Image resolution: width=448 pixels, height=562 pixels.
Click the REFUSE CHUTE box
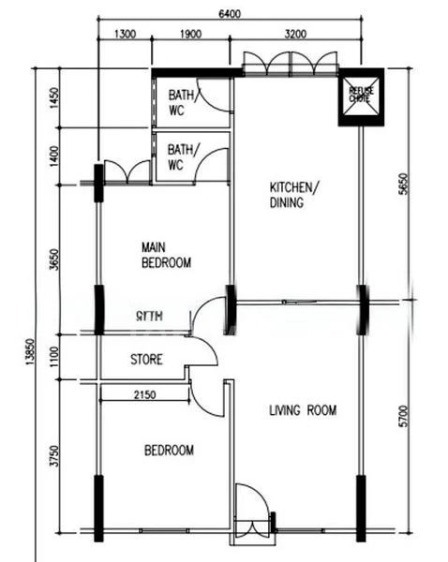pyautogui.click(x=361, y=96)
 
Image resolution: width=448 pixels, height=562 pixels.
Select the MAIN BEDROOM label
pyautogui.click(x=166, y=255)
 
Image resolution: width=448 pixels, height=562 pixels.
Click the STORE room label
pyautogui.click(x=146, y=359)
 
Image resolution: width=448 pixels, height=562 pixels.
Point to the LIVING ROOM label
pyautogui.click(x=302, y=410)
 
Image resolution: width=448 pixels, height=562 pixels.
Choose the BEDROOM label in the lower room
pyautogui.click(x=169, y=451)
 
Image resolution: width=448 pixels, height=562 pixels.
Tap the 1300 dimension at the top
pyautogui.click(x=126, y=35)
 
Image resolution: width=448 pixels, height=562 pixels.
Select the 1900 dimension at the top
pyautogui.click(x=190, y=35)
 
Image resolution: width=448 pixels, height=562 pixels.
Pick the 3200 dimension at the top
pyautogui.click(x=296, y=35)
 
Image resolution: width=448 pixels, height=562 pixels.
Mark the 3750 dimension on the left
pyautogui.click(x=54, y=456)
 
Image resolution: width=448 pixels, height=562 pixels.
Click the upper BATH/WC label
pyautogui.click(x=180, y=102)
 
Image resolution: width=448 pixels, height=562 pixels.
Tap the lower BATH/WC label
pyautogui.click(x=180, y=156)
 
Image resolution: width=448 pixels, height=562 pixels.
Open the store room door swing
pyautogui.click(x=202, y=350)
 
